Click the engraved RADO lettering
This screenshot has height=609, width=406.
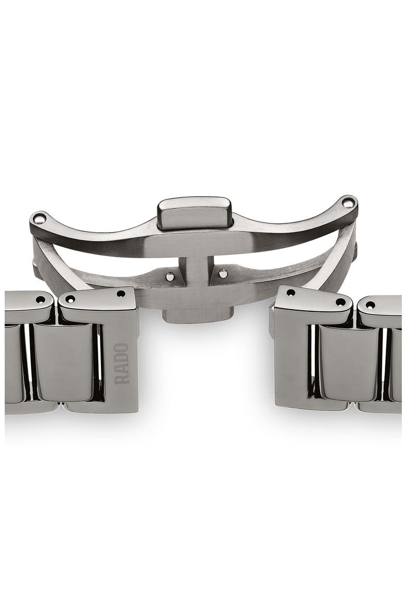[x=122, y=363]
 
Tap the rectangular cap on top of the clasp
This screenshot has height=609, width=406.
[x=195, y=213]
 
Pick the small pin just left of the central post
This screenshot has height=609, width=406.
[x=170, y=277]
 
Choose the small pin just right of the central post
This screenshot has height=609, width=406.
[x=223, y=273]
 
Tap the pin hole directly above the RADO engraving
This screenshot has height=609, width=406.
[x=121, y=294]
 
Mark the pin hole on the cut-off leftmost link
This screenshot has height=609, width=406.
[x=40, y=299]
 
